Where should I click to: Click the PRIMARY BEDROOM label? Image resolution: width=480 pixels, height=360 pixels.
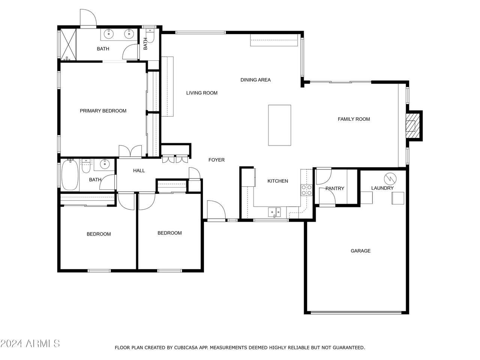point(103,111)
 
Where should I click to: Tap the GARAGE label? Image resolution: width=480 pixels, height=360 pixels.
point(360,251)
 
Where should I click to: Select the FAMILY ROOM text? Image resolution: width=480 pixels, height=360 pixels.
point(354,119)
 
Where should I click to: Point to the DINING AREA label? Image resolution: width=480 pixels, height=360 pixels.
point(255,80)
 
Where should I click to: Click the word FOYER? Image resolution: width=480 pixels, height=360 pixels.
point(216,160)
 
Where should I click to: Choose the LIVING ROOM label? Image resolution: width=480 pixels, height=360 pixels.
point(202,93)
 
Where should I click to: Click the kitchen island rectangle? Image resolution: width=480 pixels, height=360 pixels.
point(279,125)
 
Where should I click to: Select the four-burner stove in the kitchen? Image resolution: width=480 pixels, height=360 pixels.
point(306,190)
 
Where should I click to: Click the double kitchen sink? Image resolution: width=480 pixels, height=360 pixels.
point(274,212)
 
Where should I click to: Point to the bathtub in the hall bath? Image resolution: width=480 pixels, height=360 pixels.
point(70,175)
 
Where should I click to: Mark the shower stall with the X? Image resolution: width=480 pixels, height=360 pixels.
point(68,44)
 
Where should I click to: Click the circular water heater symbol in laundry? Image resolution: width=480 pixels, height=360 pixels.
point(390,178)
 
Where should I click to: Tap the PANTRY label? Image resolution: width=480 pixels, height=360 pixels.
point(335,188)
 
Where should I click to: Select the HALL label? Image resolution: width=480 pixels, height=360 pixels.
point(139,171)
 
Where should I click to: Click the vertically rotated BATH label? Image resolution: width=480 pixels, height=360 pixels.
point(145,44)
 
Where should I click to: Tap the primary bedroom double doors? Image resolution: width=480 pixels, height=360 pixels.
point(130,151)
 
